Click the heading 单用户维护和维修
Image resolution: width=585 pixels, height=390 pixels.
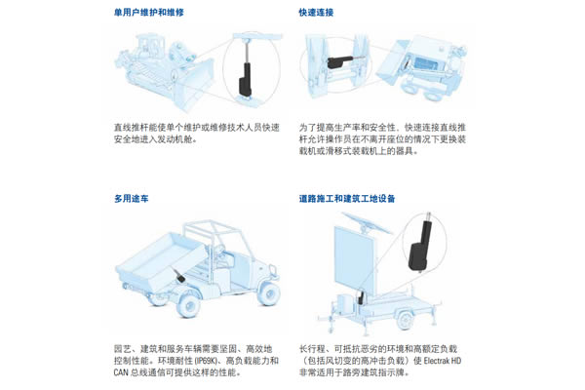pyautogui.click(x=149, y=13)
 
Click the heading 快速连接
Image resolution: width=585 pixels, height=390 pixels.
pyautogui.click(x=316, y=13)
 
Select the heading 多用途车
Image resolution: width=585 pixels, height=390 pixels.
pyautogui.click(x=132, y=198)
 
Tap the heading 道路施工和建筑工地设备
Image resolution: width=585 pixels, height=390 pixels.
pyautogui.click(x=347, y=198)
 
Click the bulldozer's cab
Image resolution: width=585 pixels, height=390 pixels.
pyautogui.click(x=149, y=47)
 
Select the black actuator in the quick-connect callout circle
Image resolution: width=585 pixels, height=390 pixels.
pyautogui.click(x=339, y=61)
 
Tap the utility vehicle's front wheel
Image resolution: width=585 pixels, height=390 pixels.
pyautogui.click(x=269, y=292)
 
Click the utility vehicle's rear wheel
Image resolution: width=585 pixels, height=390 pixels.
pyautogui.click(x=189, y=305)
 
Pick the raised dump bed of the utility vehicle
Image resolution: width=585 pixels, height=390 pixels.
pyautogui.click(x=161, y=261)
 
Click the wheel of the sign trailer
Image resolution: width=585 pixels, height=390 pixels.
pyautogui.click(x=405, y=320)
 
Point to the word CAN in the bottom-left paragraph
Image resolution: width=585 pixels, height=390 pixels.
pyautogui.click(x=121, y=372)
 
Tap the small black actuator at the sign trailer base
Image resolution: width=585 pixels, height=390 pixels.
pyautogui.click(x=361, y=297)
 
